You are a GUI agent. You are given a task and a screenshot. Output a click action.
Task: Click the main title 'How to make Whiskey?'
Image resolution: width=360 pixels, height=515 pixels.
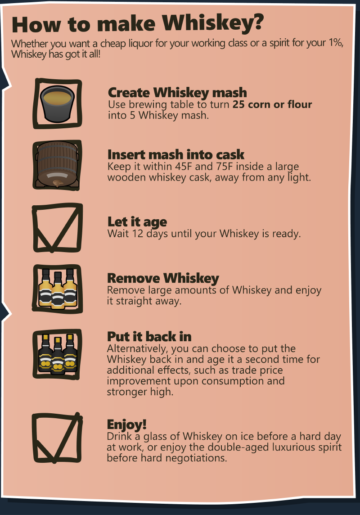[138, 24]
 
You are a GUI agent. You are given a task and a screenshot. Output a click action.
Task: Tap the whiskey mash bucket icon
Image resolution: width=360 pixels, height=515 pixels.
[58, 104]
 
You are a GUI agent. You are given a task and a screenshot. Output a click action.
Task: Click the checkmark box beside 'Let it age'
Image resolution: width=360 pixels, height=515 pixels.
[58, 228]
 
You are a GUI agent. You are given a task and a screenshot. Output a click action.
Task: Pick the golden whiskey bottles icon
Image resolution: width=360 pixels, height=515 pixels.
[58, 289]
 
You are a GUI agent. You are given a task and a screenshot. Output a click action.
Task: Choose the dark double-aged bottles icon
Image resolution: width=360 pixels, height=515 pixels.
[58, 354]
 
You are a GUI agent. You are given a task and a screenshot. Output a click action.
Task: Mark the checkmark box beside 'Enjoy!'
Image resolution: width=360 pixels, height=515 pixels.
[57, 438]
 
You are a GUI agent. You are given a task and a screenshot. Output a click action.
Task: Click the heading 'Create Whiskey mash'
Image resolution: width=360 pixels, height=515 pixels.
[177, 93]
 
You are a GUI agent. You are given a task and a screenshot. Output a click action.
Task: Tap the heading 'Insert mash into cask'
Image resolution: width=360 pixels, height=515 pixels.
[176, 154]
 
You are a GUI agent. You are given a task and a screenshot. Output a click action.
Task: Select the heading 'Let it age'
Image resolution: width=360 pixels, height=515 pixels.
[137, 222]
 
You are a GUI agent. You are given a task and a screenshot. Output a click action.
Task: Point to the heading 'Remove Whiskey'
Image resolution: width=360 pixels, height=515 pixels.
[163, 278]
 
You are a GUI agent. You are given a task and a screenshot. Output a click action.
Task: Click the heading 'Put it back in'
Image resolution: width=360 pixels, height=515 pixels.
[149, 337]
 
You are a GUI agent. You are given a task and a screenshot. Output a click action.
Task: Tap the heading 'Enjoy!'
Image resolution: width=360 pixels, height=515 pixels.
[126, 425]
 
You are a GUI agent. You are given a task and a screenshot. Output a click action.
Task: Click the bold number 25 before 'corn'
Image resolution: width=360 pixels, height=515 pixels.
[239, 104]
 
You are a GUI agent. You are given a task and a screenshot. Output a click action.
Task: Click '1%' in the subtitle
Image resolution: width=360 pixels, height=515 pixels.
[335, 43]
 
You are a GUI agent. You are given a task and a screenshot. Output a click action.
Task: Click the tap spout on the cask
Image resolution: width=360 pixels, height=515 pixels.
[57, 183]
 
